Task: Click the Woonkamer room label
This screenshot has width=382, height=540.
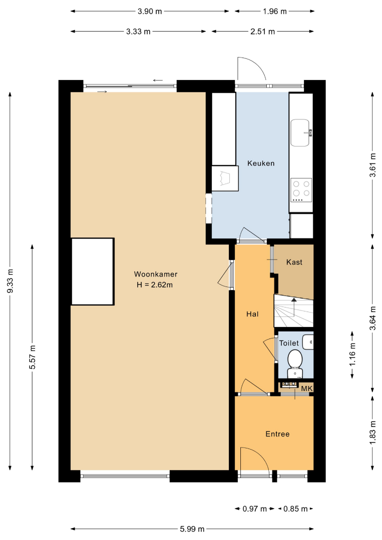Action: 156,274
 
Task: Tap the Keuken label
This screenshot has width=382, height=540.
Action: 261,163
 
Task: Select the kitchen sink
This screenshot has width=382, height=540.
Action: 300,132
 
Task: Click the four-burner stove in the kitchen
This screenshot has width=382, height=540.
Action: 301,190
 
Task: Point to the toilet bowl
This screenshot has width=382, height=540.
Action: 295,358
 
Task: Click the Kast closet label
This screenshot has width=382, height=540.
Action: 294,262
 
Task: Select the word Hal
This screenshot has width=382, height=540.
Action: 252,313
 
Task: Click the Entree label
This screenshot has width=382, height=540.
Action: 277,434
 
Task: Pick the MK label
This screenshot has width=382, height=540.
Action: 307,388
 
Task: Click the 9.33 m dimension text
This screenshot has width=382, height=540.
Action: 10,281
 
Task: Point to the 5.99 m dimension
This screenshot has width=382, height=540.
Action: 192,528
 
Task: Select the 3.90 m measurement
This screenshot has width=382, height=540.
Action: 150,11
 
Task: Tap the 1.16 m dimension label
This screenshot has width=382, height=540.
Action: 352,354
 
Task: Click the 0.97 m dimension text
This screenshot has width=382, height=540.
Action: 255,508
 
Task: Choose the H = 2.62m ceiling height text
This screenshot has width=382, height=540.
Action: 155,285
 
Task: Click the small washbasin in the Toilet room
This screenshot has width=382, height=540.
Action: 308,342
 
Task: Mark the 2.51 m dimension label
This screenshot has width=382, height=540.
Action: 263,31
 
